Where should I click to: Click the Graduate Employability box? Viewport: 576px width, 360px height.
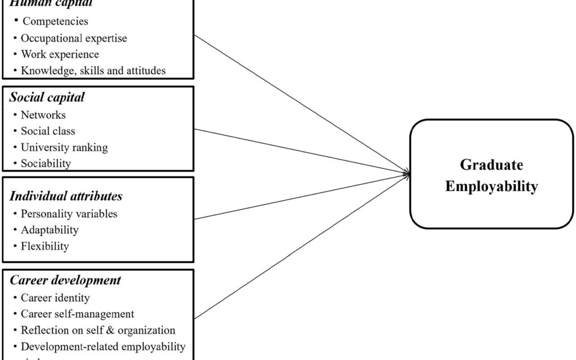pyautogui.click(x=491, y=174)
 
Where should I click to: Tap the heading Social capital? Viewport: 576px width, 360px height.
pyautogui.click(x=47, y=98)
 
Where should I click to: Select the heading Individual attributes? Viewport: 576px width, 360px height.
pyautogui.click(x=66, y=196)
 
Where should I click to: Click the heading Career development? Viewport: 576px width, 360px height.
pyautogui.click(x=65, y=279)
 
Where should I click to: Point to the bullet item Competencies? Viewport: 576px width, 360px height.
pyautogui.click(x=54, y=22)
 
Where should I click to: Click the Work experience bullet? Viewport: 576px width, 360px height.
pyautogui.click(x=60, y=54)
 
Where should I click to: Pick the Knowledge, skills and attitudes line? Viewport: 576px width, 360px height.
pyautogui.click(x=93, y=70)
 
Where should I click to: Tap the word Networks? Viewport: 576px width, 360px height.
pyautogui.click(x=43, y=115)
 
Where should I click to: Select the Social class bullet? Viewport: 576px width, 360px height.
pyautogui.click(x=48, y=131)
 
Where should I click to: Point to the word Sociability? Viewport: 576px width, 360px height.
pyautogui.click(x=45, y=163)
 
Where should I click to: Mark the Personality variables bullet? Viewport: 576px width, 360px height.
pyautogui.click(x=69, y=214)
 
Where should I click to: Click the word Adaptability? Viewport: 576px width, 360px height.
pyautogui.click(x=50, y=230)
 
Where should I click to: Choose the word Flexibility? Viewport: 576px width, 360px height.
pyautogui.click(x=45, y=246)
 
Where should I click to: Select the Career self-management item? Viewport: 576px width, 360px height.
pyautogui.click(x=77, y=314)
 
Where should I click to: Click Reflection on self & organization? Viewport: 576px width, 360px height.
pyautogui.click(x=98, y=330)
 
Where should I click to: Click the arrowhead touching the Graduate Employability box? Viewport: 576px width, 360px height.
pyautogui.click(x=407, y=173)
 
